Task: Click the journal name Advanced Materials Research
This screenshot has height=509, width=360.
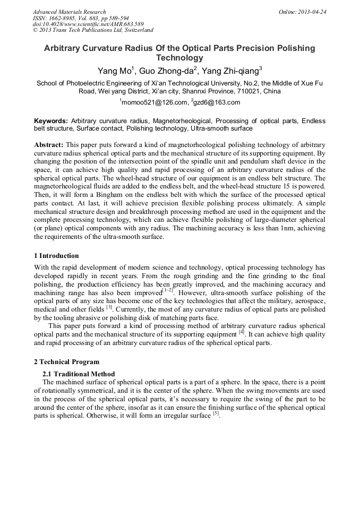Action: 69,12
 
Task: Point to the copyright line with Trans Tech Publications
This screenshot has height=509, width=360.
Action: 93,30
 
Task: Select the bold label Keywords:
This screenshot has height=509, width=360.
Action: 51,121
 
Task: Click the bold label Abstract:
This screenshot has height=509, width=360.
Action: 49,144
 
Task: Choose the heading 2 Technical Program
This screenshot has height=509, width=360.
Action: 66,362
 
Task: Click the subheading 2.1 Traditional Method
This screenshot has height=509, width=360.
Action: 79,374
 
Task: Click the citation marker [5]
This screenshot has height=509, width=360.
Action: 216,413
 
